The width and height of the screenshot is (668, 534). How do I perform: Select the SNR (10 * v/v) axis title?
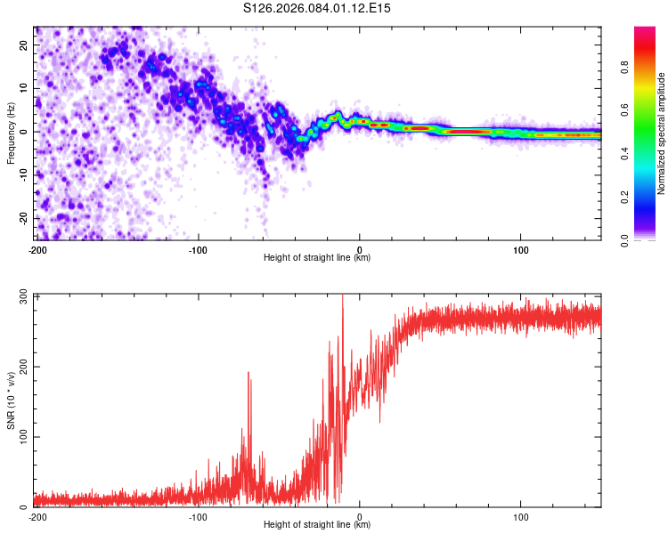(x=11, y=400)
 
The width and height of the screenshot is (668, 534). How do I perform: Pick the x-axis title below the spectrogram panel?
(x=317, y=258)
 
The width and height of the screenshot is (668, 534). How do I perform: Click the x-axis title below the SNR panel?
(x=317, y=525)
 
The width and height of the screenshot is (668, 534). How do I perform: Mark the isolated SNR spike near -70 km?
(x=248, y=374)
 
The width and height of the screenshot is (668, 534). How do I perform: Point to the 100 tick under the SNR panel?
(x=520, y=515)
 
